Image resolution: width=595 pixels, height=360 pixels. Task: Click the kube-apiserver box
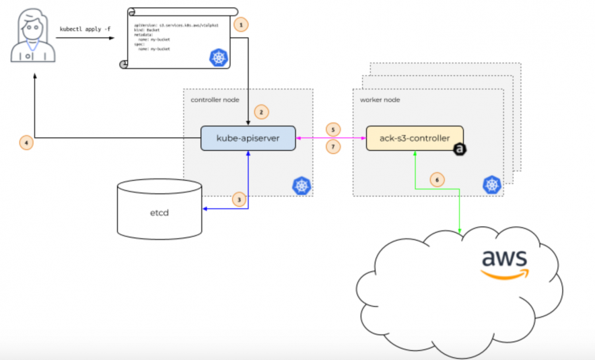click(x=249, y=138)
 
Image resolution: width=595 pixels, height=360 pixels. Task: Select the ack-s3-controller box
click(x=414, y=138)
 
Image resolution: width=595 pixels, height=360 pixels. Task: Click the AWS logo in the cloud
click(x=505, y=263)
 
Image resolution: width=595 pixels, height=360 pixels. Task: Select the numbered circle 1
click(x=241, y=25)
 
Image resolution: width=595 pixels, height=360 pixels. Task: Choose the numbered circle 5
click(x=332, y=128)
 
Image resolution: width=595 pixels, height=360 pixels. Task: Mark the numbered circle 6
click(x=437, y=180)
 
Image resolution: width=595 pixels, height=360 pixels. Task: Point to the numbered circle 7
click(x=332, y=147)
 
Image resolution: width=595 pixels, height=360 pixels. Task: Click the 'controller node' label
click(x=212, y=100)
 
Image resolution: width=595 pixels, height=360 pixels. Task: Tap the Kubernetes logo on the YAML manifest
click(x=218, y=57)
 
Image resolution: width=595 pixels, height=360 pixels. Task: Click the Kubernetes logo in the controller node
click(x=300, y=184)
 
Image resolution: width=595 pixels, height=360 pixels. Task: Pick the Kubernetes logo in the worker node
click(x=491, y=184)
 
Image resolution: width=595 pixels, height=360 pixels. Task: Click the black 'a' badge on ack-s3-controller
click(x=460, y=150)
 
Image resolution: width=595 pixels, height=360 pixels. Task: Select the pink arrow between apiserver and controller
click(x=331, y=138)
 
